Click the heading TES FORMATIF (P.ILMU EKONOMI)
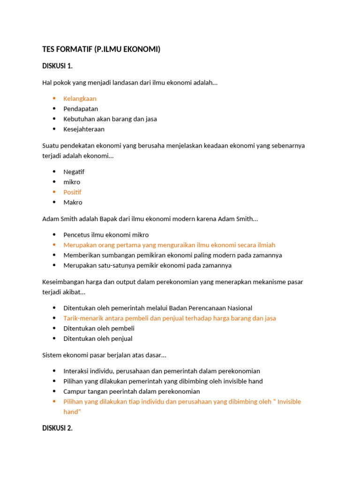(101, 49)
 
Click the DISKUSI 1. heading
(57, 66)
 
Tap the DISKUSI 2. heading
(57, 428)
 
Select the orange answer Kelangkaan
(80, 98)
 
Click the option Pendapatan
(81, 109)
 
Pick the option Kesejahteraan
(84, 129)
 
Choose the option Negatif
(74, 172)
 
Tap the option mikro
(72, 182)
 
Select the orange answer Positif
(72, 192)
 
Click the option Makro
(73, 202)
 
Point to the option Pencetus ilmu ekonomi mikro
(106, 235)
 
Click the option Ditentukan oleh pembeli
(99, 329)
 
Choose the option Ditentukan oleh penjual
(98, 338)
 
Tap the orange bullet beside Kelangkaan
(54, 98)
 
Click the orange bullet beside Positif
(54, 192)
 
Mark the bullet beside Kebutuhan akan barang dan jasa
(54, 119)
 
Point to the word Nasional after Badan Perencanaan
(240, 308)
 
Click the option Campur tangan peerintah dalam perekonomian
(132, 391)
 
